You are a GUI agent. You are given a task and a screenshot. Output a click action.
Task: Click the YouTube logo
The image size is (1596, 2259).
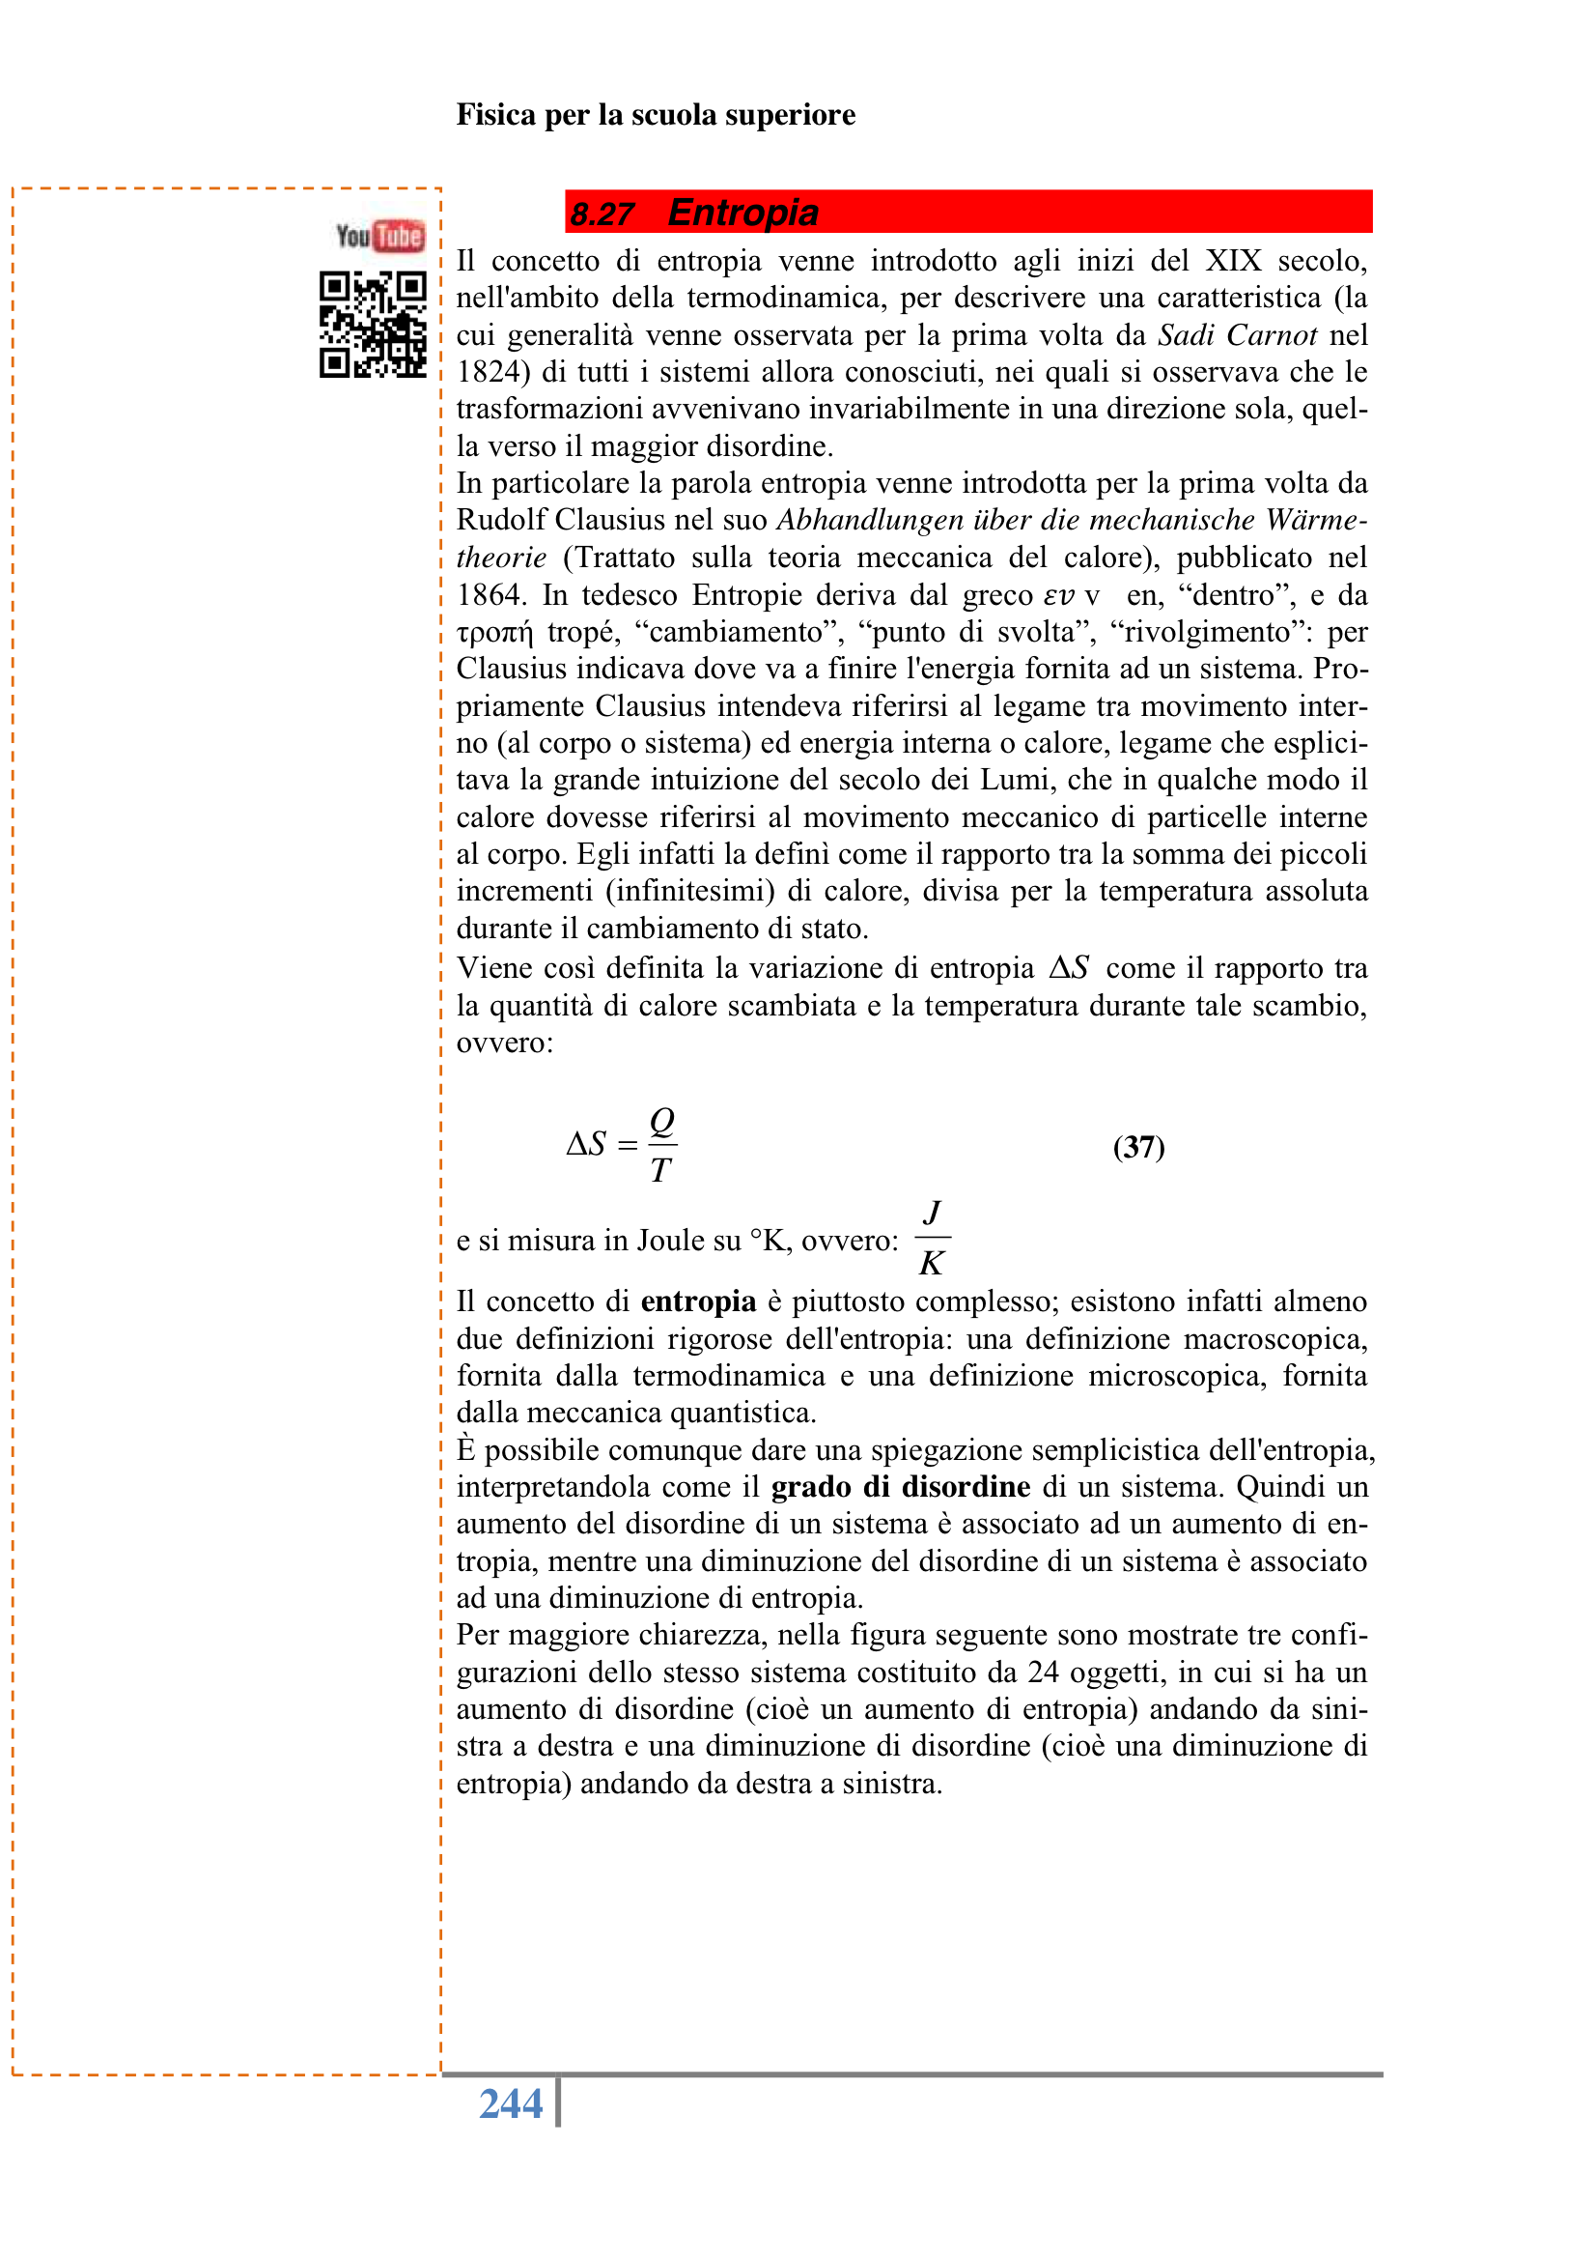pos(379,236)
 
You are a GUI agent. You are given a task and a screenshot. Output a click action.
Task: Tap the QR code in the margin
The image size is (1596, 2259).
pos(373,325)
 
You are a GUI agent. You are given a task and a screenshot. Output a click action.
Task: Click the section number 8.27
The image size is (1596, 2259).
pos(602,214)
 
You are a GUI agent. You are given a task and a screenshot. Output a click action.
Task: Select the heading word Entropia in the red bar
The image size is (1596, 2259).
pos(742,213)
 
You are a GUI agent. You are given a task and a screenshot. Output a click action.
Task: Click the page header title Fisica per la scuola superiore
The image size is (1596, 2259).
pos(655,115)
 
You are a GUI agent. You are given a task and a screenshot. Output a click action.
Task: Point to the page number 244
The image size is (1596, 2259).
pos(511,2103)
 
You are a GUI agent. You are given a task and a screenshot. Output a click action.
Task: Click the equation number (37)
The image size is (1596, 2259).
pos(1137,1146)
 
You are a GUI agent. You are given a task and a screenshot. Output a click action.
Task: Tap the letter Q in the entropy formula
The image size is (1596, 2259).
pos(661,1120)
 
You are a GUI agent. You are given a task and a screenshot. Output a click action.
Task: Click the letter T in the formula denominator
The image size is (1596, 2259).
pos(659,1170)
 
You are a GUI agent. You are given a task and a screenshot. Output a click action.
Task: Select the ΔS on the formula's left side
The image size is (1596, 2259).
pos(586,1143)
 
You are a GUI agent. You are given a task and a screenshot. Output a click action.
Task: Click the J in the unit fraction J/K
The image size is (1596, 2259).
pos(933,1212)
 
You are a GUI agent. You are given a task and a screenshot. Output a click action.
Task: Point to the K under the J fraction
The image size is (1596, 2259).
pos(932,1262)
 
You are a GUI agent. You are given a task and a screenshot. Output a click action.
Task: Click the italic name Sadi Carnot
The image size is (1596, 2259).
pos(1236,335)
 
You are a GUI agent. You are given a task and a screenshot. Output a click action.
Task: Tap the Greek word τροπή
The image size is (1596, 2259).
pos(494,633)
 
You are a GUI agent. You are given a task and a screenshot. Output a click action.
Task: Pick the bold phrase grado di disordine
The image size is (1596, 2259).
pos(900,1487)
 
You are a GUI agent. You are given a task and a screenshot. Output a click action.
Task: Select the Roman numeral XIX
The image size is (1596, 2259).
pos(1233,262)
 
